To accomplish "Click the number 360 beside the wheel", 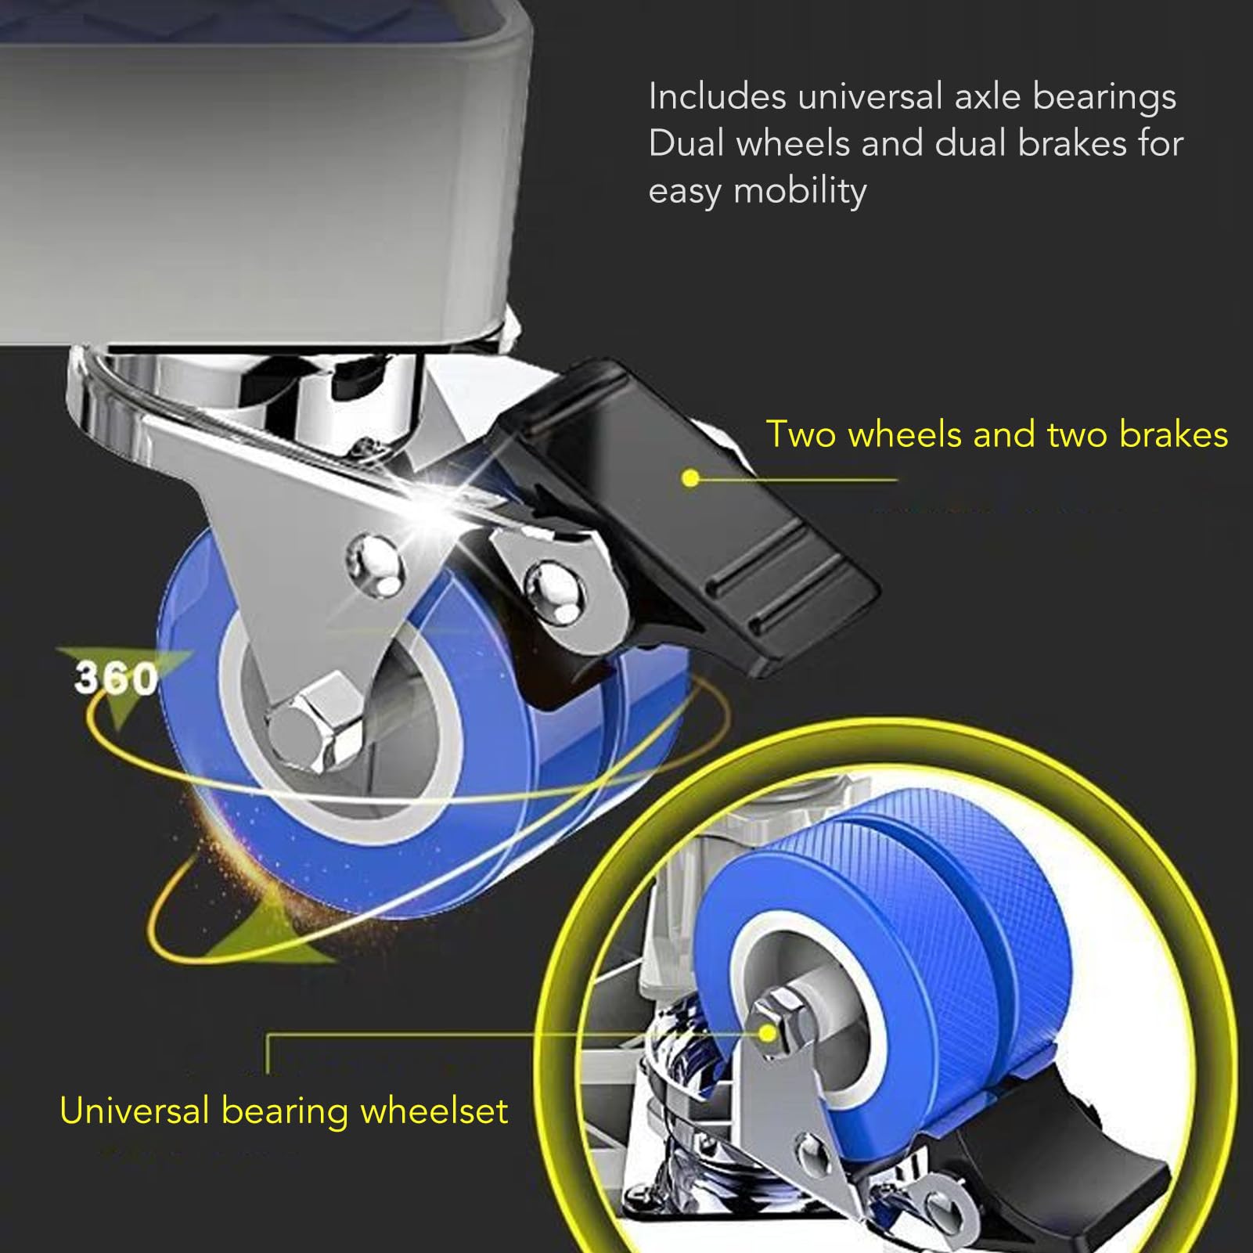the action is click(x=116, y=678).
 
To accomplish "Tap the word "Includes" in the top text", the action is click(x=717, y=96).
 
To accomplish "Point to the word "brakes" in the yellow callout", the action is click(x=1173, y=434).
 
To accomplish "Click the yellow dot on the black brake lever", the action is click(x=690, y=478).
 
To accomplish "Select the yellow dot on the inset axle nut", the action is click(x=768, y=1035).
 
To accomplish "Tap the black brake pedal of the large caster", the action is click(x=689, y=517).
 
